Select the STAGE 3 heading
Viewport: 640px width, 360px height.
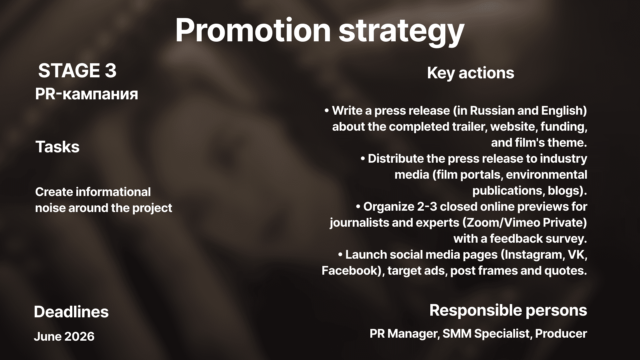coord(77,71)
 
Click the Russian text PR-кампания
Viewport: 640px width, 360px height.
coord(87,94)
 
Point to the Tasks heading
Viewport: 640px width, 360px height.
coord(57,147)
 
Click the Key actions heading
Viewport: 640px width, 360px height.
coord(471,73)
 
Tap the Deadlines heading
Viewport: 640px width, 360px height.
coord(71,312)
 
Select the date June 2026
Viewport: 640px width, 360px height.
coord(64,336)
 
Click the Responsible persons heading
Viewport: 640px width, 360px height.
coord(508,310)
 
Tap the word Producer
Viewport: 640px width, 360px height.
coord(561,334)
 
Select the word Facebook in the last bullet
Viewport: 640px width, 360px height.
coord(349,270)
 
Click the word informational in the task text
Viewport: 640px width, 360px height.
coord(113,192)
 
